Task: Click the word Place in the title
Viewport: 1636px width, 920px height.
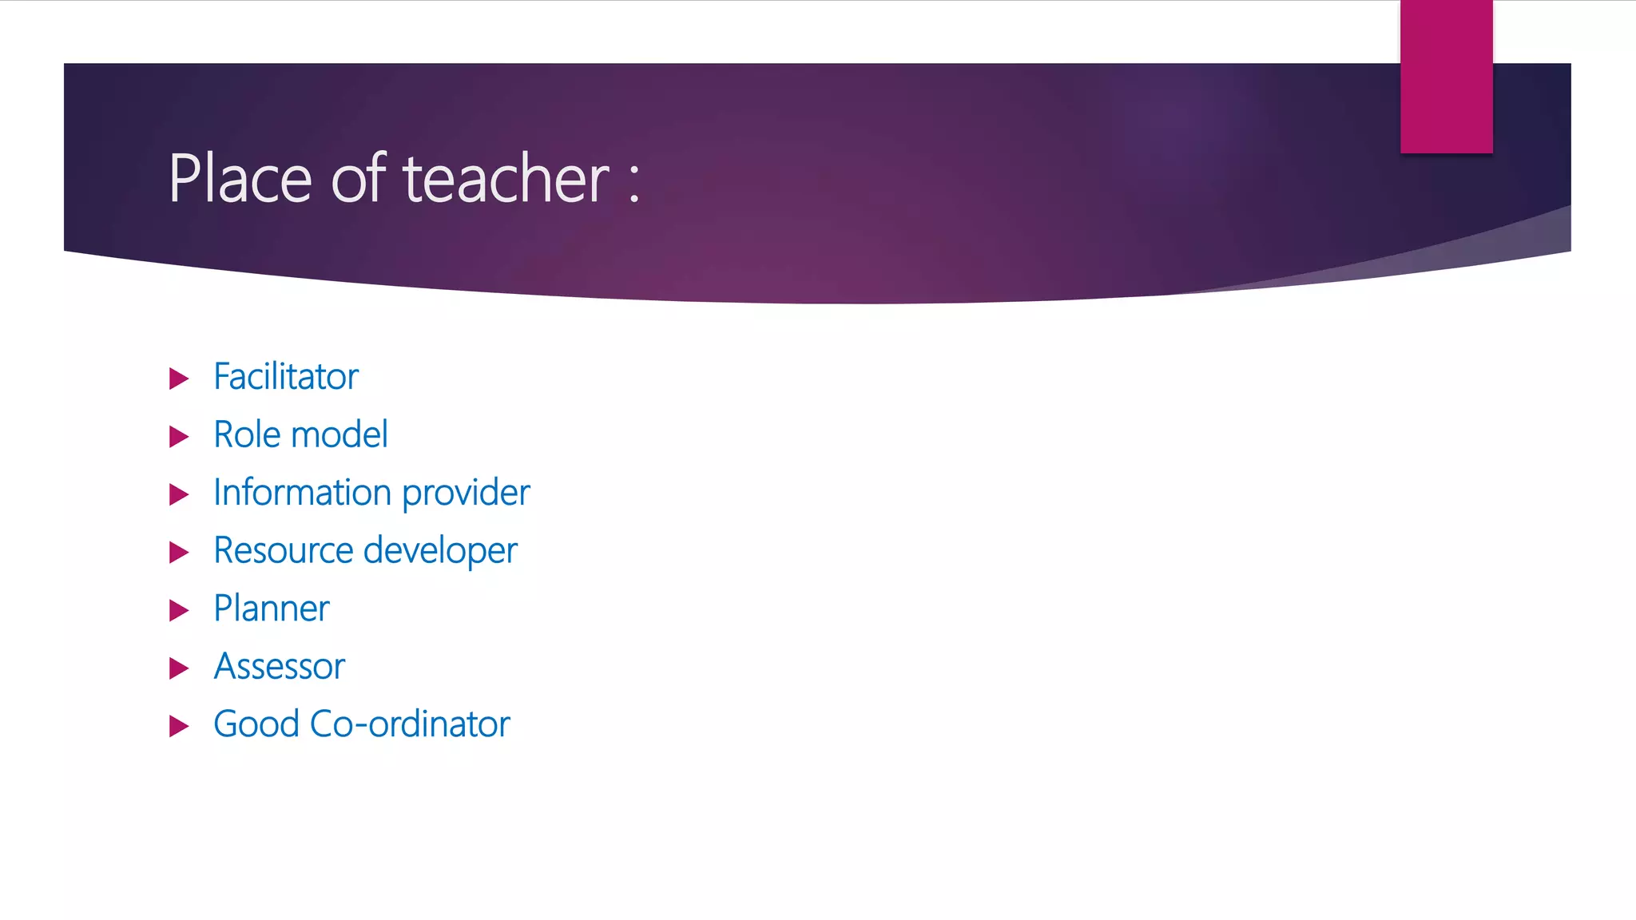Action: pyautogui.click(x=240, y=179)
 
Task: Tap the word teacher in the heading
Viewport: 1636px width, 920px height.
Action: pyautogui.click(x=506, y=179)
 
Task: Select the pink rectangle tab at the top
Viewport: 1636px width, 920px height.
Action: pyautogui.click(x=1446, y=76)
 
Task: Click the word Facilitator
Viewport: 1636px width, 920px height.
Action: pyautogui.click(x=286, y=377)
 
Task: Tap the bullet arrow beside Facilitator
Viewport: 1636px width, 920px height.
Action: pyautogui.click(x=179, y=379)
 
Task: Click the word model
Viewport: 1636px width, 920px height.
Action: pyautogui.click(x=340, y=435)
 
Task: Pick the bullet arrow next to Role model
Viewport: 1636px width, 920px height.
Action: pyautogui.click(x=179, y=437)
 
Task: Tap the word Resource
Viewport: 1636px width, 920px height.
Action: pyautogui.click(x=283, y=551)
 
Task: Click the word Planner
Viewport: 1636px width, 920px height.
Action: pyautogui.click(x=272, y=609)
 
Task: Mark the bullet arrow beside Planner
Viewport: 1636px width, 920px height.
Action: pyautogui.click(x=179, y=611)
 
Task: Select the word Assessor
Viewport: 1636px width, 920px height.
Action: pyautogui.click(x=280, y=667)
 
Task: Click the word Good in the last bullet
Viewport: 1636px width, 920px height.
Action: pyautogui.click(x=256, y=724)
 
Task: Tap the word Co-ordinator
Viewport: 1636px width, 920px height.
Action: pyautogui.click(x=410, y=724)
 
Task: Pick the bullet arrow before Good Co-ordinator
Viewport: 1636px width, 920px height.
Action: pyautogui.click(x=179, y=727)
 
